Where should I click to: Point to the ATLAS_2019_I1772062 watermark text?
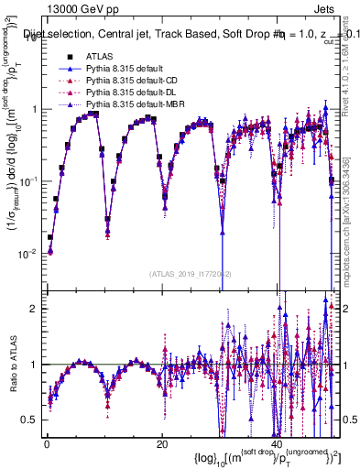[191, 273]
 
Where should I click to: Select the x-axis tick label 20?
[161, 442]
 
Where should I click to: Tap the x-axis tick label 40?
[277, 442]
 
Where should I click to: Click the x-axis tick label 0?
[46, 442]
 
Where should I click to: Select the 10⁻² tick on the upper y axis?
[28, 254]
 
